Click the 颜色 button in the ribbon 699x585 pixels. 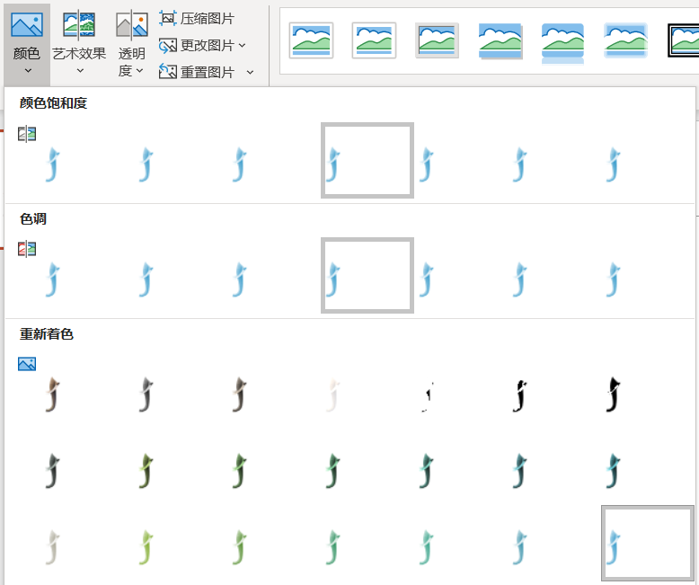(x=27, y=43)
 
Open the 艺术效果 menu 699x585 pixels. (x=79, y=43)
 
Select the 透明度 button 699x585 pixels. (x=131, y=43)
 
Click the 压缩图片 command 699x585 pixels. (x=197, y=19)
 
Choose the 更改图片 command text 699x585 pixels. (x=208, y=46)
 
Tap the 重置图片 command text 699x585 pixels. (x=208, y=72)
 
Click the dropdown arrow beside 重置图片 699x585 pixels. (x=250, y=72)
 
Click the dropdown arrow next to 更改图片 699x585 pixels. (x=242, y=46)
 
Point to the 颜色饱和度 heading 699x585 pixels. (x=53, y=103)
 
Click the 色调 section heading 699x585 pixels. (x=33, y=218)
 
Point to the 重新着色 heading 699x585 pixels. (x=47, y=334)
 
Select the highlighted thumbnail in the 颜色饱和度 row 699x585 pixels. (x=367, y=160)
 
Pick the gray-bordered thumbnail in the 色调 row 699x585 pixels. (x=367, y=275)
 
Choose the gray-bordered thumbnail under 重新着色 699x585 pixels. (x=647, y=543)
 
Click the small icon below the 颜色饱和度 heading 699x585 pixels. (x=27, y=134)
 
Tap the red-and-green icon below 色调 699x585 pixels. (x=27, y=249)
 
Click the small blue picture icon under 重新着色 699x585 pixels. (x=27, y=364)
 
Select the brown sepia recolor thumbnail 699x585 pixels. (x=53, y=394)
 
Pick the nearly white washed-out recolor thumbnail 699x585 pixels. (x=332, y=394)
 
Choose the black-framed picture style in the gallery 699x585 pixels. (x=684, y=40)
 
